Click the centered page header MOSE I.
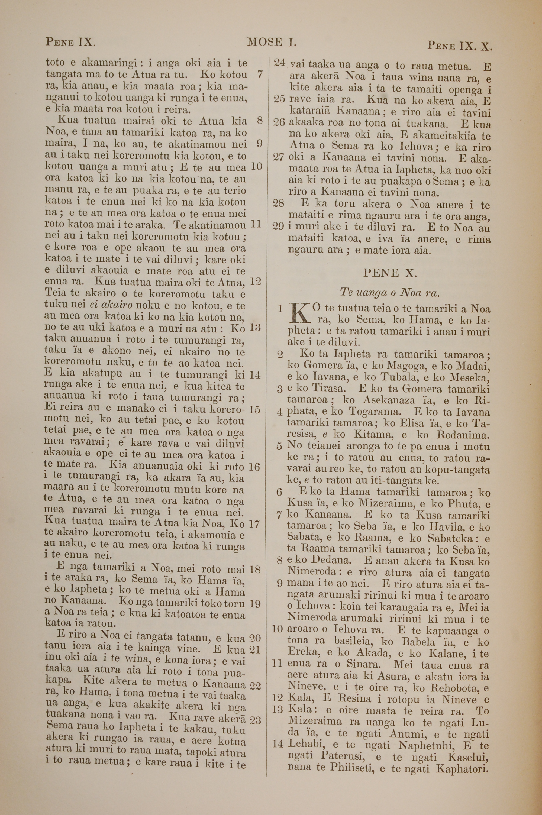[272, 43]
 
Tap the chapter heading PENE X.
[390, 273]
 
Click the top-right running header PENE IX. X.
[459, 45]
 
